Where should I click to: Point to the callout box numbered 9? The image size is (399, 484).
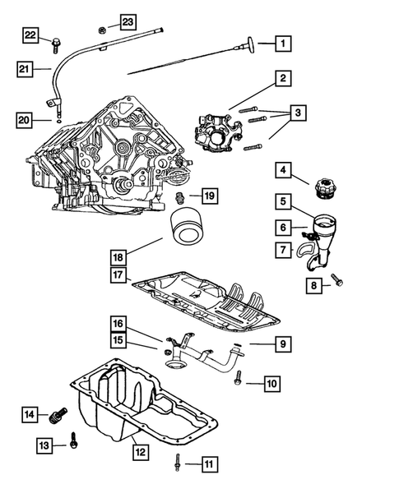tap(282, 343)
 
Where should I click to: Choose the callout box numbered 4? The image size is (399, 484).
tap(282, 171)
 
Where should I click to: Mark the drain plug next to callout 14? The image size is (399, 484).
tap(58, 413)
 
